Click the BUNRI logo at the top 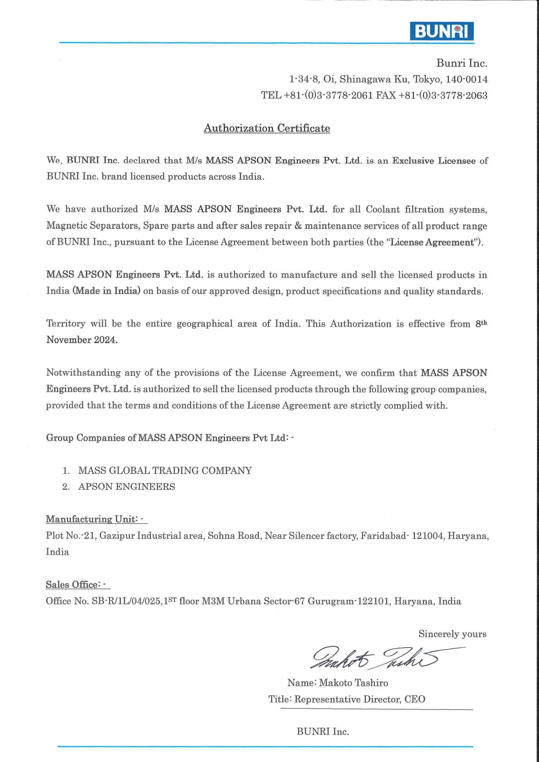[441, 32]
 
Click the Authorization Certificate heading [267, 128]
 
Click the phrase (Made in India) [106, 291]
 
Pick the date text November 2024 [82, 340]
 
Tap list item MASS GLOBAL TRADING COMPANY [165, 471]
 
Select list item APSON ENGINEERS [126, 487]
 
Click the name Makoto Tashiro [353, 683]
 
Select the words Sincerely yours [452, 634]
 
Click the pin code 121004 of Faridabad [428, 536]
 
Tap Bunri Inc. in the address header [462, 63]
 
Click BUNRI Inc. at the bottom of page [323, 732]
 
